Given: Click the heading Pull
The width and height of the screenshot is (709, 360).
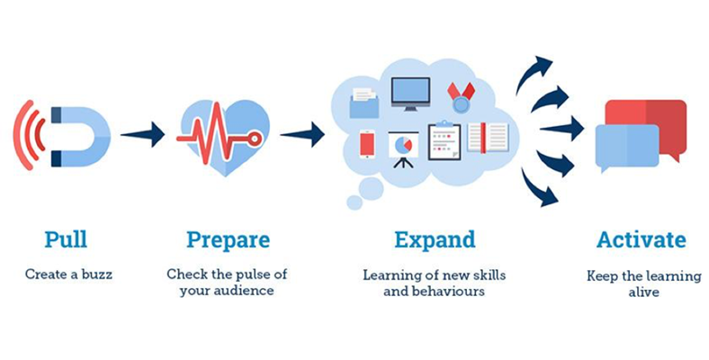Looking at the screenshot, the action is (x=66, y=239).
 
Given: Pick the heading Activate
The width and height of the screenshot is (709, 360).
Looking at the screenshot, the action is (x=641, y=239).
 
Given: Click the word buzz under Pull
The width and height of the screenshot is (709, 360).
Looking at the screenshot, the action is (x=96, y=274).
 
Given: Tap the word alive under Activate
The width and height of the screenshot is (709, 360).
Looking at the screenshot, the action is (x=643, y=292).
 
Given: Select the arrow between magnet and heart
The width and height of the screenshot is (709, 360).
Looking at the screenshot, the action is (x=142, y=134).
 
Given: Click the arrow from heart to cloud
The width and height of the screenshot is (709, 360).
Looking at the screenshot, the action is (x=302, y=134).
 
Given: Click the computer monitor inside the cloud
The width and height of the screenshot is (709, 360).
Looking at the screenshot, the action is (x=410, y=94).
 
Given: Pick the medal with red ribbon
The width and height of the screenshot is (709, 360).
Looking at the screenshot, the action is (x=462, y=97).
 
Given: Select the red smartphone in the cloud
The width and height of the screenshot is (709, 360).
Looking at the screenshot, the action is (x=367, y=144).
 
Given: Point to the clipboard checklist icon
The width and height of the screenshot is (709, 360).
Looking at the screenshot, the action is (x=444, y=140).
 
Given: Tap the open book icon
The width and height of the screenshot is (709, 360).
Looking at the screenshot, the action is (x=488, y=138).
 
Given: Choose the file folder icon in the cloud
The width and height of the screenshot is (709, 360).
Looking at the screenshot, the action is (x=364, y=103).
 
